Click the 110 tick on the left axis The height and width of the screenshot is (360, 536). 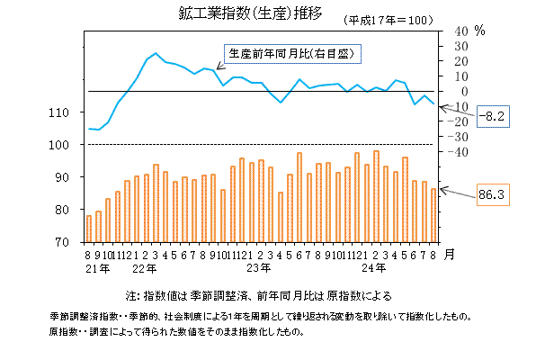[x=71, y=112]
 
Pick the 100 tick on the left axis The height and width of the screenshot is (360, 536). [x=71, y=145]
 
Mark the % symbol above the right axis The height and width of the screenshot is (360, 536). [x=479, y=31]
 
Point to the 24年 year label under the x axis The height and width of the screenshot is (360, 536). [x=378, y=268]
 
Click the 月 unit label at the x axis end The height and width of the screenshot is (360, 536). [x=450, y=254]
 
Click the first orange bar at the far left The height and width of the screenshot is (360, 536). [x=88, y=229]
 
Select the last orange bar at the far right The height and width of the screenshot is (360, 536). [x=434, y=215]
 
